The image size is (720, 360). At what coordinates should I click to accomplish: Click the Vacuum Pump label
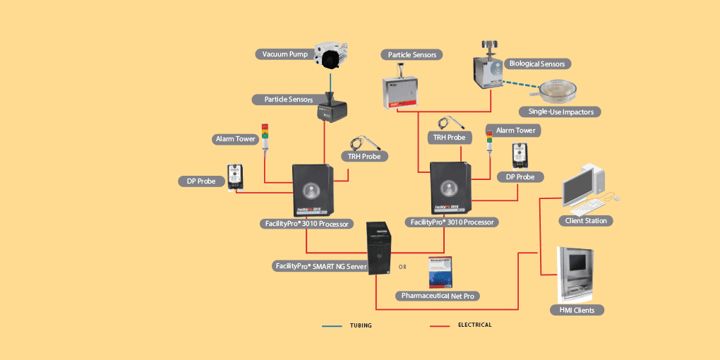coord(285,54)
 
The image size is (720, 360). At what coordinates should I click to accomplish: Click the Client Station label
coord(586,220)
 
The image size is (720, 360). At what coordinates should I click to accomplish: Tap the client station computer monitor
coord(582,183)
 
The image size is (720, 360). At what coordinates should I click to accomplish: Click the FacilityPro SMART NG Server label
coord(320,266)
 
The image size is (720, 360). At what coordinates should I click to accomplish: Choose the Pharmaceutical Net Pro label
coord(440,295)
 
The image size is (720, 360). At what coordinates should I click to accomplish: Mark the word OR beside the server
coord(402,268)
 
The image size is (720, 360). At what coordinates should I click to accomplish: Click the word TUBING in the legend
coord(361,326)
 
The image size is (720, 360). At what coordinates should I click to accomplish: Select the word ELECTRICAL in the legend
coord(474,325)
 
